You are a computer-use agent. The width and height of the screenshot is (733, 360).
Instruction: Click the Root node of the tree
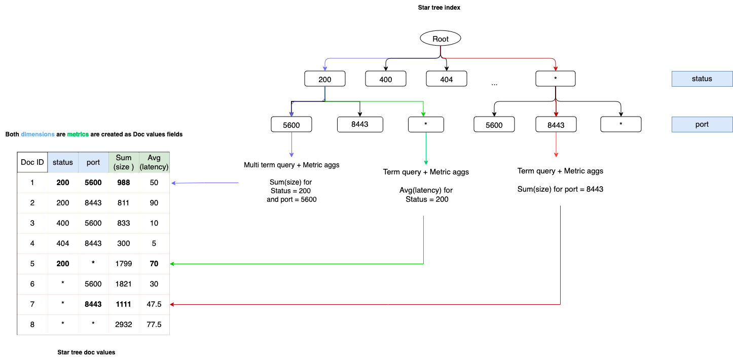[441, 39]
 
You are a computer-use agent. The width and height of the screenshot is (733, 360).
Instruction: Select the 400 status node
[386, 79]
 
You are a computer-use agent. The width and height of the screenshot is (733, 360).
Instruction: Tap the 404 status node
[446, 79]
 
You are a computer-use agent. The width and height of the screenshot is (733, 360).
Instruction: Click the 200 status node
[325, 79]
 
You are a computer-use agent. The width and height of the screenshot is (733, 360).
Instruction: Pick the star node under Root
[556, 79]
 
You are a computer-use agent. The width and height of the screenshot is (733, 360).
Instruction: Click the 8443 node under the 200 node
[360, 125]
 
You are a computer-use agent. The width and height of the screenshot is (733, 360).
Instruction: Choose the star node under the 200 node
[426, 125]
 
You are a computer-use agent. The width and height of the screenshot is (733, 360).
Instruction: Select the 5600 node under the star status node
[494, 125]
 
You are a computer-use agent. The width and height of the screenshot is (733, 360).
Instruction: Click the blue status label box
[702, 79]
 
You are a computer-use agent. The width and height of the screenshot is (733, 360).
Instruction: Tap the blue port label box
[702, 125]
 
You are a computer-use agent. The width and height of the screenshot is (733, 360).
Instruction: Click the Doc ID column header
[32, 162]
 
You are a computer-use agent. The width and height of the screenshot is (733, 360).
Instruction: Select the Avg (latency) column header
[154, 162]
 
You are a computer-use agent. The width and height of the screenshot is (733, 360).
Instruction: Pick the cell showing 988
[124, 183]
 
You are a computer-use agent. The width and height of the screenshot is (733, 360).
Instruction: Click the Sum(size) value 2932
[124, 325]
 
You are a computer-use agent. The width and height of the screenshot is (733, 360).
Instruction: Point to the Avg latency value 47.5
[154, 304]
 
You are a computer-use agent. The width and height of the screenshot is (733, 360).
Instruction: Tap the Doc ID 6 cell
[32, 284]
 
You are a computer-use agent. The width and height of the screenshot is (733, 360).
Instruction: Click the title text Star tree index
[439, 8]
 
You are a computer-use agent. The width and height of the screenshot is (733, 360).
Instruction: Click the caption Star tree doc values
[86, 352]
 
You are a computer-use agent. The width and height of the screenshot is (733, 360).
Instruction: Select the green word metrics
[78, 134]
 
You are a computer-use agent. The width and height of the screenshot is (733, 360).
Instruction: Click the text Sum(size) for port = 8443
[560, 190]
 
